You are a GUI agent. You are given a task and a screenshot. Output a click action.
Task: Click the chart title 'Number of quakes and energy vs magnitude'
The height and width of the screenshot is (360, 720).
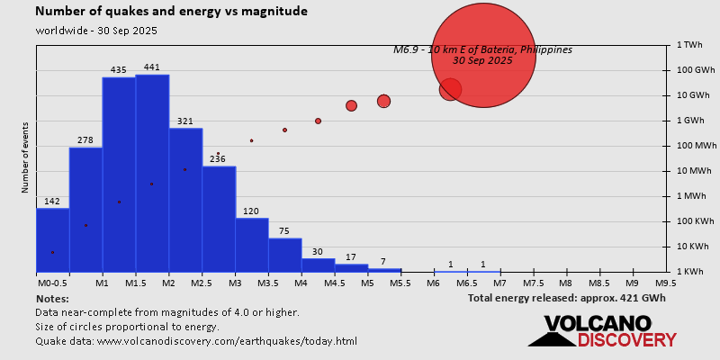point(171,12)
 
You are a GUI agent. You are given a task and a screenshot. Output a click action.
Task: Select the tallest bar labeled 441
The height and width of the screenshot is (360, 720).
point(152,171)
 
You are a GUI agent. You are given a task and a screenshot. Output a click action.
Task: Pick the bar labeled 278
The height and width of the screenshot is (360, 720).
point(85,209)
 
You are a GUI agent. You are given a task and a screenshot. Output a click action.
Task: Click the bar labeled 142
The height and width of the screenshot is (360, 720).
point(52,239)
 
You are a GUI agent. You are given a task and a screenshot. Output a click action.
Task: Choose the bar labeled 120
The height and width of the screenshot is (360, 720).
point(252,244)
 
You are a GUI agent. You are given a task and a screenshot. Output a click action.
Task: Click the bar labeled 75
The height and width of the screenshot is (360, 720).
point(285,254)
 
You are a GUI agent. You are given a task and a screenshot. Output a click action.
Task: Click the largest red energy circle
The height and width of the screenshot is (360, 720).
point(483,56)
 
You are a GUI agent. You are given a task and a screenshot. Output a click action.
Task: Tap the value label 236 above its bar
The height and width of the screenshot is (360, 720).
point(218,159)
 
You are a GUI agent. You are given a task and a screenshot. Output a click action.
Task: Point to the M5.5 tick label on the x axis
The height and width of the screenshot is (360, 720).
point(401,283)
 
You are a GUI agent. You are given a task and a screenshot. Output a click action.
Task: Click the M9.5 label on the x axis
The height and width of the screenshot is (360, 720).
point(666,283)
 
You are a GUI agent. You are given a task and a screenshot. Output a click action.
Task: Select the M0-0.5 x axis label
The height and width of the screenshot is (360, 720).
point(51,283)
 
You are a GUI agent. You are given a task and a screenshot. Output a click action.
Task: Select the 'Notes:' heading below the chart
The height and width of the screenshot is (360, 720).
point(52,298)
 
